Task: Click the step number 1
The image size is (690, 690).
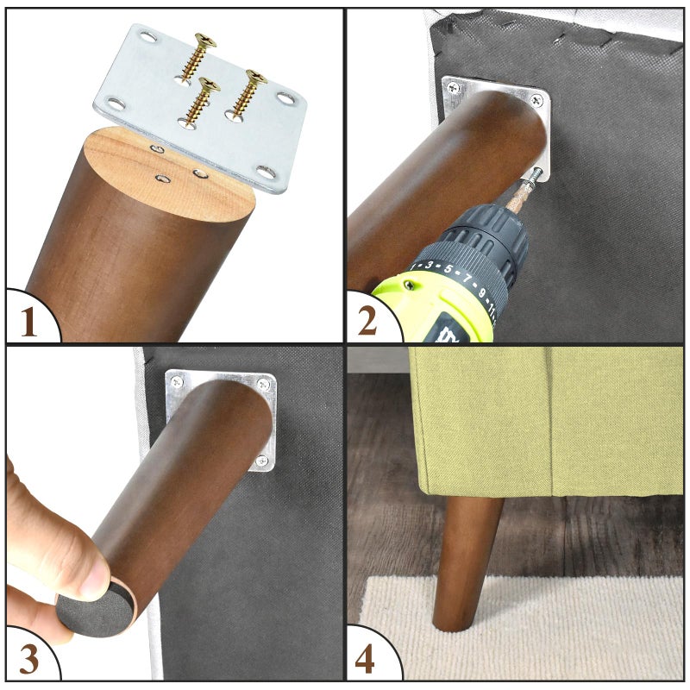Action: click(28, 322)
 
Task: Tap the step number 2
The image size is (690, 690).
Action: click(367, 320)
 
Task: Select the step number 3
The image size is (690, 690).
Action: click(29, 659)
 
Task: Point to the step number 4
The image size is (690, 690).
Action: click(365, 659)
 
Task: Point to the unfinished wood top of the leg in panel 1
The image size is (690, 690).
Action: click(169, 175)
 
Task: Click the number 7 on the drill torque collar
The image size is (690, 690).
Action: click(467, 278)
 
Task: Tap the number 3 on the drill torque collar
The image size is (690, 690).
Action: click(429, 265)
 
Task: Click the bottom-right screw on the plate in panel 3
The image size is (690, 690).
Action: click(262, 461)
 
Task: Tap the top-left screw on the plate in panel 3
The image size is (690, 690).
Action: click(177, 381)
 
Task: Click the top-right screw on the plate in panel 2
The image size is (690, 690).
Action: click(536, 100)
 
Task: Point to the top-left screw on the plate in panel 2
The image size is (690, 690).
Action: click(454, 89)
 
